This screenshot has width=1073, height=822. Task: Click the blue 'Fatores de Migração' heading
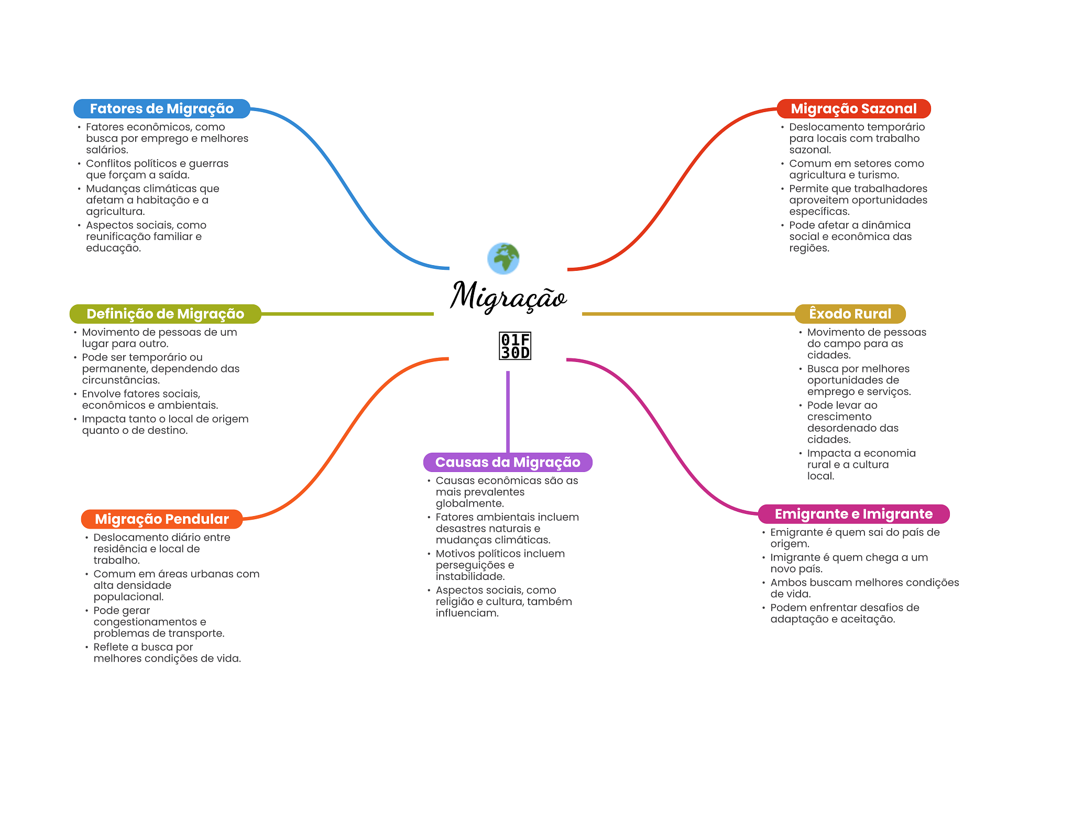pyautogui.click(x=162, y=108)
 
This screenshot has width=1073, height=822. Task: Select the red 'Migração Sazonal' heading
pyautogui.click(x=853, y=108)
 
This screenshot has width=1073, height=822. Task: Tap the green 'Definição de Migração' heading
pyautogui.click(x=165, y=314)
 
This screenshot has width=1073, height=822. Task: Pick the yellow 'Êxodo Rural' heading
pyautogui.click(x=850, y=314)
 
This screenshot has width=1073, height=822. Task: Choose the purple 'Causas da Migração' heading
pyautogui.click(x=508, y=462)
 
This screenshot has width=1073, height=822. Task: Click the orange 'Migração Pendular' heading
pyautogui.click(x=162, y=519)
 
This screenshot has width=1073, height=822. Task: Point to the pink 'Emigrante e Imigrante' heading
pyautogui.click(x=853, y=514)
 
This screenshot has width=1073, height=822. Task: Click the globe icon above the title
pyautogui.click(x=503, y=258)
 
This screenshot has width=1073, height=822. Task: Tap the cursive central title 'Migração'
pyautogui.click(x=508, y=297)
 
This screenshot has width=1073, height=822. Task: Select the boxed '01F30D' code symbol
pyautogui.click(x=515, y=346)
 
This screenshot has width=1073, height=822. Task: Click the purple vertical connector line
pyautogui.click(x=508, y=412)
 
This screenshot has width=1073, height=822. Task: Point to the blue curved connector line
pyautogui.click(x=349, y=189)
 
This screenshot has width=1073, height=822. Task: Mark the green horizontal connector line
pyautogui.click(x=347, y=314)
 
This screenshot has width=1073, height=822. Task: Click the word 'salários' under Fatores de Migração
pyautogui.click(x=106, y=150)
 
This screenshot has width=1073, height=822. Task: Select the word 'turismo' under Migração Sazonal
pyautogui.click(x=878, y=175)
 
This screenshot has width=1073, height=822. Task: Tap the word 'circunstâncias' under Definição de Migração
pyautogui.click(x=121, y=380)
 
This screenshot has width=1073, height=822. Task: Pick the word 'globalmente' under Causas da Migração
pyautogui.click(x=469, y=503)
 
